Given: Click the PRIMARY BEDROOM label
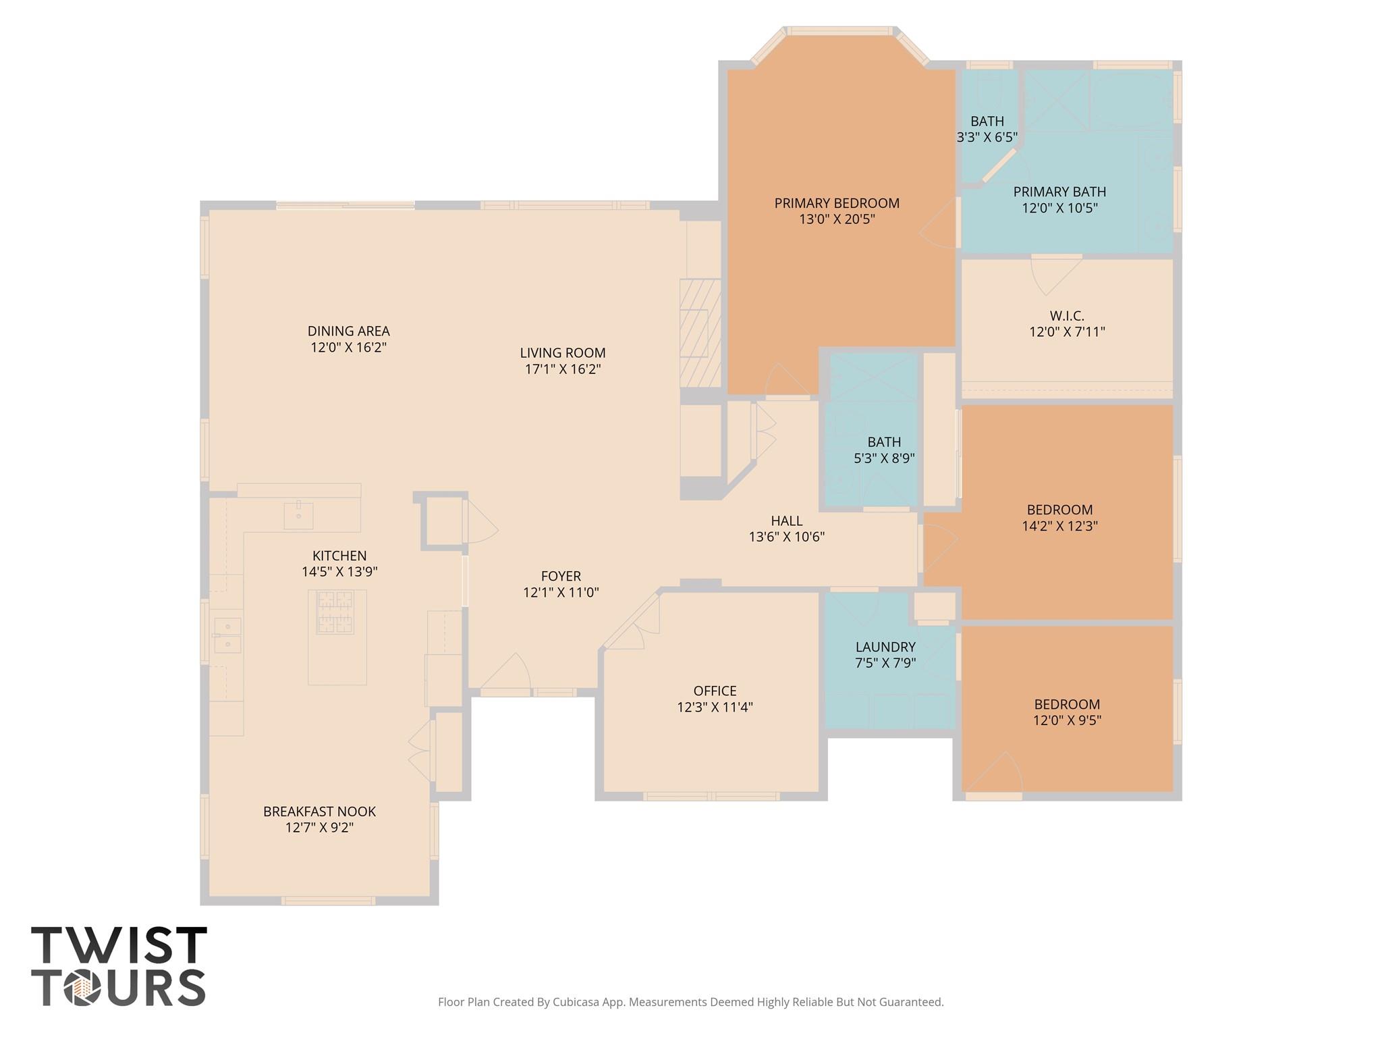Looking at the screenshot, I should [x=837, y=203].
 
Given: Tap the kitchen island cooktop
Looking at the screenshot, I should [x=335, y=612].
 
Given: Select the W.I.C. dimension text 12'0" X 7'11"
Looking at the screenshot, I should [x=1067, y=332].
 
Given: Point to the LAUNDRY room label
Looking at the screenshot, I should [x=885, y=647].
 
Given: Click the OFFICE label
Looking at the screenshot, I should [x=715, y=691].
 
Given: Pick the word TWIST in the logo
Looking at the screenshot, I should [x=119, y=945].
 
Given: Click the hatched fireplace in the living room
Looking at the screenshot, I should [x=700, y=332].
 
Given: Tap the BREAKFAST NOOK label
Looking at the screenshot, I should [x=319, y=812].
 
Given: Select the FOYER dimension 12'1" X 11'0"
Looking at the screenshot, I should [x=561, y=593].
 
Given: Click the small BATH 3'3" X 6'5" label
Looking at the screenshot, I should [x=987, y=122].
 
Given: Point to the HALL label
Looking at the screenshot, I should [x=787, y=521].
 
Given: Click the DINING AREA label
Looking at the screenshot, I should [x=348, y=331].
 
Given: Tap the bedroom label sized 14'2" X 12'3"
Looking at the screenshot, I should [x=1059, y=510].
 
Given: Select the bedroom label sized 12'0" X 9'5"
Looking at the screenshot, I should [x=1067, y=704].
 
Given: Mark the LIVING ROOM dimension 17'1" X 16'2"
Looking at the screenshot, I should [x=563, y=369].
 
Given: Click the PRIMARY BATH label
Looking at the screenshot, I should [x=1059, y=192].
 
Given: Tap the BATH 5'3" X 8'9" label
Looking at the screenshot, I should [x=884, y=442].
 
